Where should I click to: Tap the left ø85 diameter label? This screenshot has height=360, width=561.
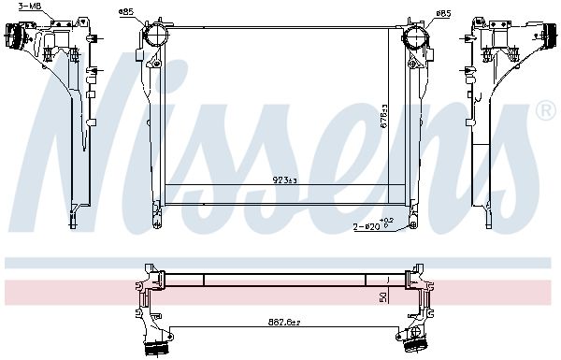(x=125, y=11)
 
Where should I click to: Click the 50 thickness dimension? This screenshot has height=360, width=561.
(x=382, y=296)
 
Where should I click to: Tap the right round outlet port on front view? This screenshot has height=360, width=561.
(x=415, y=38)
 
